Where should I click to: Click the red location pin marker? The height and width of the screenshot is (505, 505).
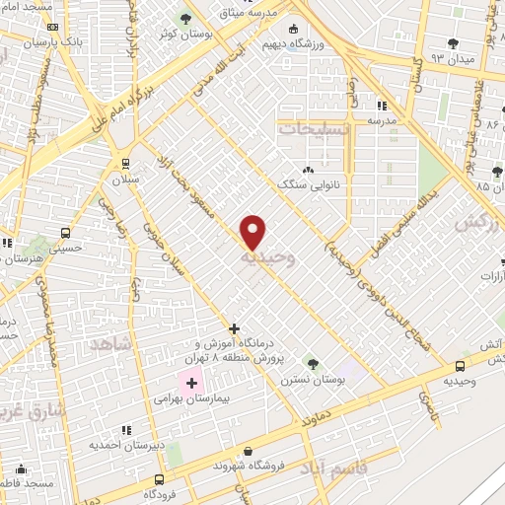click(253, 232)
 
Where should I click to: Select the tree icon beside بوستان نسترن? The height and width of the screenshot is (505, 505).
click(312, 364)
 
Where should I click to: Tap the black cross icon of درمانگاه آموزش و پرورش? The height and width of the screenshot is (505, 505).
click(234, 328)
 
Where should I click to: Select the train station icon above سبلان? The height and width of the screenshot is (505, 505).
click(125, 164)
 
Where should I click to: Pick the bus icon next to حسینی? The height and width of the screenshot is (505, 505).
click(65, 234)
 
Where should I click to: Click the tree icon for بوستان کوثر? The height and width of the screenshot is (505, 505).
click(185, 19)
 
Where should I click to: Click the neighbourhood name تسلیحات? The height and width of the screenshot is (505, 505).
click(313, 129)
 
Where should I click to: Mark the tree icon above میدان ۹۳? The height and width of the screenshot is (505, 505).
click(453, 42)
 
